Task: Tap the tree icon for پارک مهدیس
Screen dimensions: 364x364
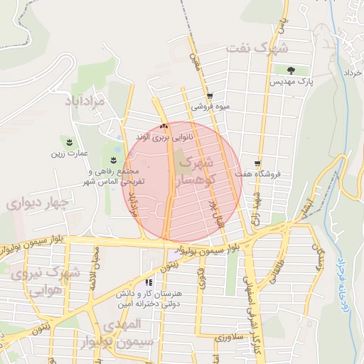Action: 291,70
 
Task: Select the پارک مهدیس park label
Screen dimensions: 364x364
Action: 291,83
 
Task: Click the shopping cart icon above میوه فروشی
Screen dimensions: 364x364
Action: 209,97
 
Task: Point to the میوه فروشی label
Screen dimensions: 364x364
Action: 210,107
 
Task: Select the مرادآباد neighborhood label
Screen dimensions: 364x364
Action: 88,102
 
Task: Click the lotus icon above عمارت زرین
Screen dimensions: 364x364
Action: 69,141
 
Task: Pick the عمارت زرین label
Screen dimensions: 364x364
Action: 68,153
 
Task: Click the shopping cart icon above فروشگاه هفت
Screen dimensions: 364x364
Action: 257,163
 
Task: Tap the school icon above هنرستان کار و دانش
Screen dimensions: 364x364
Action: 149,282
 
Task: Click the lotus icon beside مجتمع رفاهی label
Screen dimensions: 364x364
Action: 112,157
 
